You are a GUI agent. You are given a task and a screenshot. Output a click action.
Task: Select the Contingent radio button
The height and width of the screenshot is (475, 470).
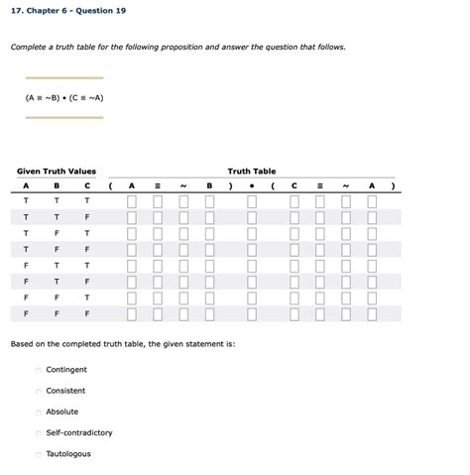point(39,370)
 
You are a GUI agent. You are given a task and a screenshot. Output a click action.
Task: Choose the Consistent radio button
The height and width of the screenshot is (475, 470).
point(39,391)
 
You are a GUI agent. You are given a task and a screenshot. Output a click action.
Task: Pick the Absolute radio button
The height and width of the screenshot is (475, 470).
point(39,412)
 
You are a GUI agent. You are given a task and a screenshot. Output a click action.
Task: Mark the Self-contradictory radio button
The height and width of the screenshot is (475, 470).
point(39,433)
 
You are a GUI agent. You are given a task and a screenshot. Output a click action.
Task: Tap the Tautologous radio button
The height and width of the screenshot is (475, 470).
point(39,454)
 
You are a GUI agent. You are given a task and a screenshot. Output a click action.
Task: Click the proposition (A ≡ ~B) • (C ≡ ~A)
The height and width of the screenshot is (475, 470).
point(64,98)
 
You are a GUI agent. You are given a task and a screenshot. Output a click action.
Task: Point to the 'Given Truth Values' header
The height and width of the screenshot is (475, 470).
point(57,172)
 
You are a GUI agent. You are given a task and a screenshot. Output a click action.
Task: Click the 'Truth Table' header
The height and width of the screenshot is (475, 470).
point(251,172)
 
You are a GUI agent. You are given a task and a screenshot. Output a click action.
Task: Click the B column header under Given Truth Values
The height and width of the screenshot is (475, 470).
point(57,185)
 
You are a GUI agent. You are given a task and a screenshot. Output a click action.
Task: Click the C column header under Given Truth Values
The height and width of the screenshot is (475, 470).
point(87,185)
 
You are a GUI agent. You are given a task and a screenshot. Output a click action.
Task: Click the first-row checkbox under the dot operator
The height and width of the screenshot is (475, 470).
point(252,202)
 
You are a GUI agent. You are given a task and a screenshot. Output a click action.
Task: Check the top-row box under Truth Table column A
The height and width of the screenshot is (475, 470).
point(131,202)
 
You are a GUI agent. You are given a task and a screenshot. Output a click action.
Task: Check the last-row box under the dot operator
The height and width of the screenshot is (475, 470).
point(252,313)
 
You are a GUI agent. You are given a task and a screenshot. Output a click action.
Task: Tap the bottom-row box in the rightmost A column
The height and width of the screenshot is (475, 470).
point(372,313)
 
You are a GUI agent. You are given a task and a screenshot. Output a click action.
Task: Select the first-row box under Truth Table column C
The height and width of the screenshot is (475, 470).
point(294,202)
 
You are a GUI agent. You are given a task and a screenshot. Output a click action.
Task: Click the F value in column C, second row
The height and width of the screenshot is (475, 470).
point(87,217)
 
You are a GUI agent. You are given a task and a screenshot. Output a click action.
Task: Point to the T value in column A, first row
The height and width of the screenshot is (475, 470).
point(27,201)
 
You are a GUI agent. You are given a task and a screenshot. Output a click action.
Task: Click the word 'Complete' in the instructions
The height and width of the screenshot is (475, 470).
point(28,47)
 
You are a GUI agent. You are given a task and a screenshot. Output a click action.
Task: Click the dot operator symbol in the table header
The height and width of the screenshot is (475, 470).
point(252,185)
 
